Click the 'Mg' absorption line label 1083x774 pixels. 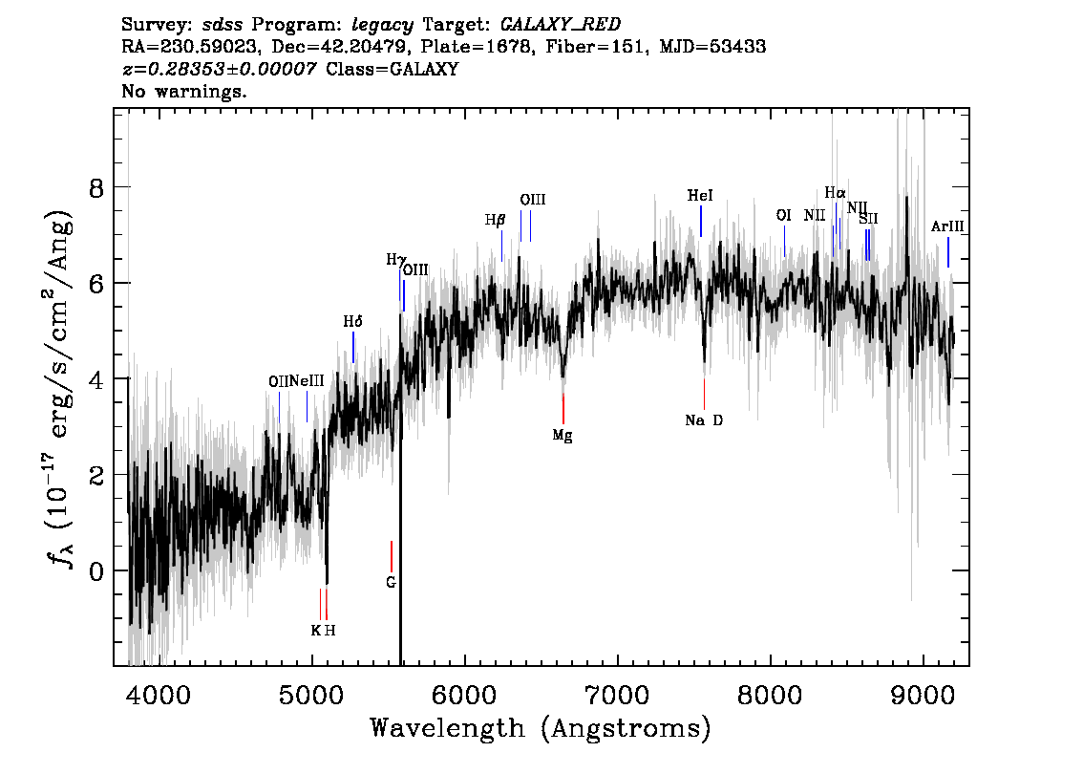(563, 435)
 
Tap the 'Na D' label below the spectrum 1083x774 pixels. (704, 419)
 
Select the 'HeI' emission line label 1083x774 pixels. (700, 195)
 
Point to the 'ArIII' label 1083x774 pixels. (947, 226)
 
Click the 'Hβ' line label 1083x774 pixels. (495, 220)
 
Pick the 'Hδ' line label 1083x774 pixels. (353, 321)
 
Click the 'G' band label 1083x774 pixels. (391, 581)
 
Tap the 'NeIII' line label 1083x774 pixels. (307, 380)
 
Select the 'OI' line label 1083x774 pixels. (783, 215)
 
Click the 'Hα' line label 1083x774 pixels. (835, 192)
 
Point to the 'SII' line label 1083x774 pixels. (868, 219)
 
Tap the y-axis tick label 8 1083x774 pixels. (96, 187)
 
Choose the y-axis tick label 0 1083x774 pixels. (96, 570)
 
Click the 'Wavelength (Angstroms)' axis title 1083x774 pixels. (540, 728)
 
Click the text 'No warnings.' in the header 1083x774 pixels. (184, 92)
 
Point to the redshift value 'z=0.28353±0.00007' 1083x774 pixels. (219, 69)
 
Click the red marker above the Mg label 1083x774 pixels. (563, 408)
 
